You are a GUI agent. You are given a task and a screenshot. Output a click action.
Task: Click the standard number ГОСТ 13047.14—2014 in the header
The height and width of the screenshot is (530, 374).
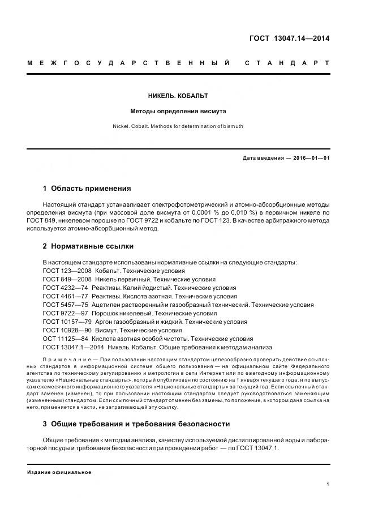pyautogui.click(x=289, y=39)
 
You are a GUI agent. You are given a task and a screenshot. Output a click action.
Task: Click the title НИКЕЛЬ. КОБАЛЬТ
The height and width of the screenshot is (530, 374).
pyautogui.click(x=187, y=96)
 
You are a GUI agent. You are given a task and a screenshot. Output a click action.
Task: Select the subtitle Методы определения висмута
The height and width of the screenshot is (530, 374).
pyautogui.click(x=187, y=112)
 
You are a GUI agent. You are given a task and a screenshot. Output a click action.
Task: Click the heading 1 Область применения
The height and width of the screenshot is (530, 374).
pyautogui.click(x=87, y=189)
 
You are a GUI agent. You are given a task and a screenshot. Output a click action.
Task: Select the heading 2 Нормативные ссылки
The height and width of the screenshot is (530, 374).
pyautogui.click(x=88, y=246)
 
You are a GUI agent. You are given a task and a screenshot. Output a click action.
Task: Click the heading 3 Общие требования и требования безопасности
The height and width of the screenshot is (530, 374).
pyautogui.click(x=136, y=424)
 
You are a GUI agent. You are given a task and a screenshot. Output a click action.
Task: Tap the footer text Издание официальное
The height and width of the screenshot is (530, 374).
pyautogui.click(x=59, y=472)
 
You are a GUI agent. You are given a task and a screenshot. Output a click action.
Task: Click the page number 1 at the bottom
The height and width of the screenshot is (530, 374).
pyautogui.click(x=328, y=484)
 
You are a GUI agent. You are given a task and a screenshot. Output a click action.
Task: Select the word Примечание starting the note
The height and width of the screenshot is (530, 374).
pyautogui.click(x=66, y=360)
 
